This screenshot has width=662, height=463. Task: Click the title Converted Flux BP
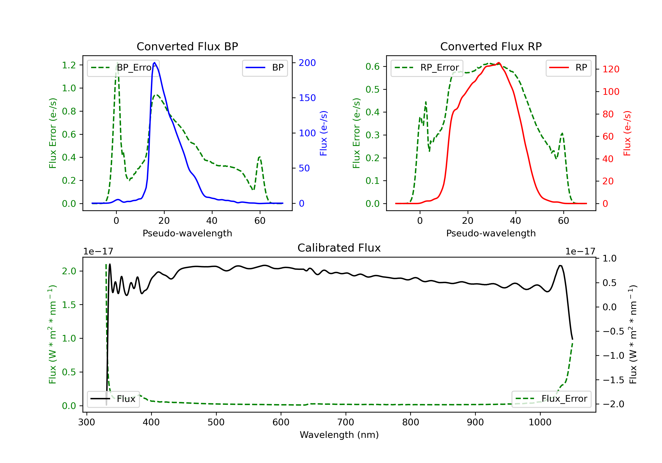[187, 46]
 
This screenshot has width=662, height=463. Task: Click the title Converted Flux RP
[491, 46]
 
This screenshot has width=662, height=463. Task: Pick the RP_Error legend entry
[427, 68]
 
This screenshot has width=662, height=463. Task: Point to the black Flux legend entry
[113, 399]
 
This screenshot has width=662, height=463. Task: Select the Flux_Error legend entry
[551, 399]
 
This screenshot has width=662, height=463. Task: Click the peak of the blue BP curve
[154, 63]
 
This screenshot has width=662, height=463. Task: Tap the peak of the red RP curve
[499, 63]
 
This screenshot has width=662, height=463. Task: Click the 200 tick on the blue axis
[307, 63]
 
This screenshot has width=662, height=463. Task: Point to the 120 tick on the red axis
[611, 69]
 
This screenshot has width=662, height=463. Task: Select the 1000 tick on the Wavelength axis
[540, 422]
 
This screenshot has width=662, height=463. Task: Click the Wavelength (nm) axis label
[339, 435]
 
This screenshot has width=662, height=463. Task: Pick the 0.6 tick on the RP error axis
[372, 67]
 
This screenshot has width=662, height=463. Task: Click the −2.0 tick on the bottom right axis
[613, 404]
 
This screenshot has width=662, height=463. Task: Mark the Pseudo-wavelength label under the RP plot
[491, 233]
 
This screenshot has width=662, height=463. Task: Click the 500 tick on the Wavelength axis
[216, 422]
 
